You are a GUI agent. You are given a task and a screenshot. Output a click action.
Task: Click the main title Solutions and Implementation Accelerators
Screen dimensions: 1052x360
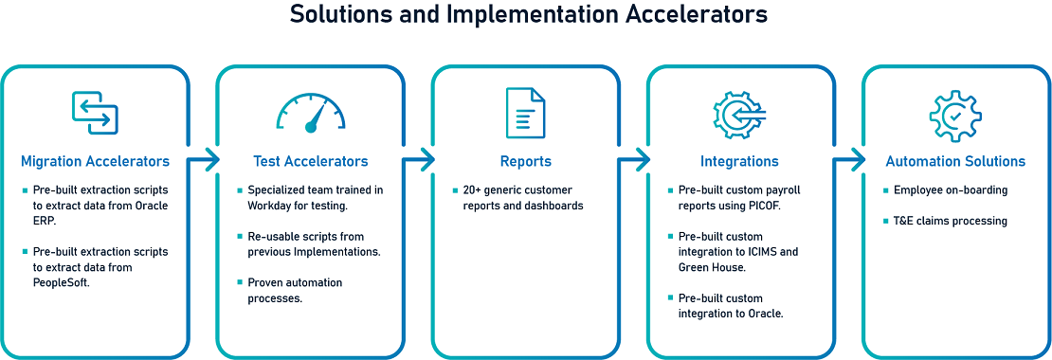525,14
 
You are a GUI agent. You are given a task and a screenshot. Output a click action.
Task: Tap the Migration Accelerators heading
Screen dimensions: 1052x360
96,162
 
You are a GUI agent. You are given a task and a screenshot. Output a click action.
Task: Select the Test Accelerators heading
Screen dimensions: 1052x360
311,162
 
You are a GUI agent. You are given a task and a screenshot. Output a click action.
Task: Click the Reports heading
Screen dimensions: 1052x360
526,162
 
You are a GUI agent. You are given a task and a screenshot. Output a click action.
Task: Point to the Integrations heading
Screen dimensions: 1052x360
739,162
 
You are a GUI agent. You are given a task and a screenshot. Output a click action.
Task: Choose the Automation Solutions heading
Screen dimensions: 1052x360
955,162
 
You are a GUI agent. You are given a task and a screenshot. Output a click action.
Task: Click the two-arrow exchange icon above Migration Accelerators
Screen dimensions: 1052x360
96,113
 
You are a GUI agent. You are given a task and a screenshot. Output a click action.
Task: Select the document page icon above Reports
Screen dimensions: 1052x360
525,113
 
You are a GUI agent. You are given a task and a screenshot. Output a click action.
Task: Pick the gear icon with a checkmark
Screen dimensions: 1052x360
955,115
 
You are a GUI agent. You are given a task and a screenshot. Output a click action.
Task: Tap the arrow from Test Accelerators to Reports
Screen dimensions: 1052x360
419,159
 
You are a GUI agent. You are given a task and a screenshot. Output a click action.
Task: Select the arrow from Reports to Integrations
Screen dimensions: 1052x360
634,159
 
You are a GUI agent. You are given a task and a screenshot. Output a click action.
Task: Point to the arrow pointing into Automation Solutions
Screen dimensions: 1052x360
849,159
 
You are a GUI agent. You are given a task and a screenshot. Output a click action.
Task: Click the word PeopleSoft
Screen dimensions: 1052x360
61,283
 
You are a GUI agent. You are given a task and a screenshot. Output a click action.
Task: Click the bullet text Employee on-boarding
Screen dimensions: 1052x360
951,190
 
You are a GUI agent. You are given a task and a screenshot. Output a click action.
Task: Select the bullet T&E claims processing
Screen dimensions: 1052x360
950,221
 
